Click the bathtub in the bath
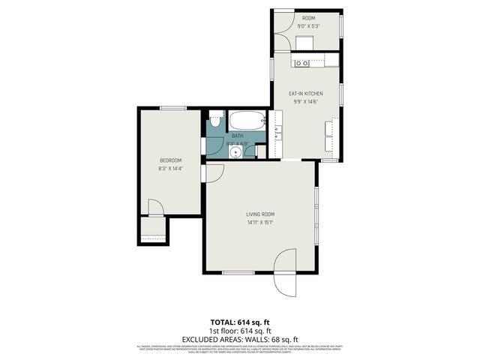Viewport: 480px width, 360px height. [x=247, y=121]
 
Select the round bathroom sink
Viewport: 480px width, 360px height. [x=235, y=151]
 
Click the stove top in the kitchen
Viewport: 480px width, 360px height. [x=302, y=63]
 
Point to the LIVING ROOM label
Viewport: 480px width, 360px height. [x=260, y=214]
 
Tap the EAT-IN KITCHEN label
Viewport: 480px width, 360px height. [x=306, y=93]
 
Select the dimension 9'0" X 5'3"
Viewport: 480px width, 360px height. [x=309, y=26]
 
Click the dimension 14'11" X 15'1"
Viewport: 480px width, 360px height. [x=260, y=223]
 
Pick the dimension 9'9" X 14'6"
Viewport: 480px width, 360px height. [x=306, y=102]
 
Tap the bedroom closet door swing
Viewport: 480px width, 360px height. [x=154, y=208]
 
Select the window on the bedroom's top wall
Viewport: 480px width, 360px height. [x=172, y=108]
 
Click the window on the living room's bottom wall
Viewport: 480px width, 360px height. [x=238, y=272]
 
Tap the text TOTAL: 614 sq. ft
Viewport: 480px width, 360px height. [x=240, y=320]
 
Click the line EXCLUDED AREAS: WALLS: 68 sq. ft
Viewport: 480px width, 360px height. [x=240, y=338]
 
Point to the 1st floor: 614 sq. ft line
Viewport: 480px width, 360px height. [x=240, y=330]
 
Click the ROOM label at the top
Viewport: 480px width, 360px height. [x=309, y=17]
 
